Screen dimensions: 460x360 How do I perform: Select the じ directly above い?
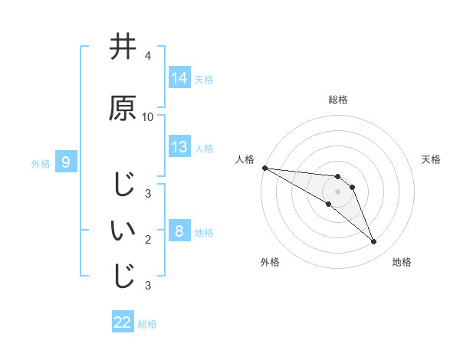[x=123, y=185]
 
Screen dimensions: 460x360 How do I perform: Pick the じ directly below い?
[x=123, y=277]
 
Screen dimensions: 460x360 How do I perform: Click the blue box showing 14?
[x=179, y=78]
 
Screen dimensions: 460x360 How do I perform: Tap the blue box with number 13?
[x=179, y=147]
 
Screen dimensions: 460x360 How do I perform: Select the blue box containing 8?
[x=179, y=231]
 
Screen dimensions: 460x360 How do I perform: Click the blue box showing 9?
[x=66, y=162]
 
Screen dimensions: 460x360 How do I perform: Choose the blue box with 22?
[x=123, y=323]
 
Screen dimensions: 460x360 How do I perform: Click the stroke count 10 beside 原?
[x=148, y=116]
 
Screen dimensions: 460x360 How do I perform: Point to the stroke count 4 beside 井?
[x=148, y=56]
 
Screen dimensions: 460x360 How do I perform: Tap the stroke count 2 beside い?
[x=148, y=240]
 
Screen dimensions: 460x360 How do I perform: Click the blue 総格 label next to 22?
[x=147, y=324]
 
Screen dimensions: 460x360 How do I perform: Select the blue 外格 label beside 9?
[x=41, y=163]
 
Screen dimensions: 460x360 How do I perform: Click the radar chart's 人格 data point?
[x=264, y=168]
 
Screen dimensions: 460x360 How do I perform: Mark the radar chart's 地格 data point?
[x=373, y=242]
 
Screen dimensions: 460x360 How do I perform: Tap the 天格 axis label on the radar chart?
[x=432, y=159]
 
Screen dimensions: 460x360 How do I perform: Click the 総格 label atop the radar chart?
[x=338, y=100]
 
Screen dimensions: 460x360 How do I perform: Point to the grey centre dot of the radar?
[x=338, y=191]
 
